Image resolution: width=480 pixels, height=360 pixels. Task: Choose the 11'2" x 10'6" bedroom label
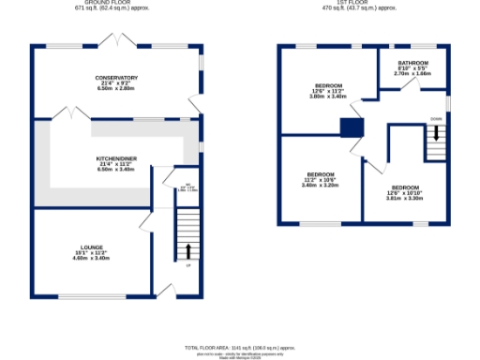[322, 175]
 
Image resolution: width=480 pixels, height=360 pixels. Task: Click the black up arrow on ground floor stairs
[187, 250]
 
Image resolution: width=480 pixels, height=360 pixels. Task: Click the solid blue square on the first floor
[352, 128]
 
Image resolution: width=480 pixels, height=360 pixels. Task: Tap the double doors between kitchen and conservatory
[69, 112]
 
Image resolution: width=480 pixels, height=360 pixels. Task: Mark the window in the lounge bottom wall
[91, 298]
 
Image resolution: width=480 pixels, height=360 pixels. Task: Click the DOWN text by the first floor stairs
[436, 119]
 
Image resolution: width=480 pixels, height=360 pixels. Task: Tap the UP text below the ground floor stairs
[187, 265]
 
